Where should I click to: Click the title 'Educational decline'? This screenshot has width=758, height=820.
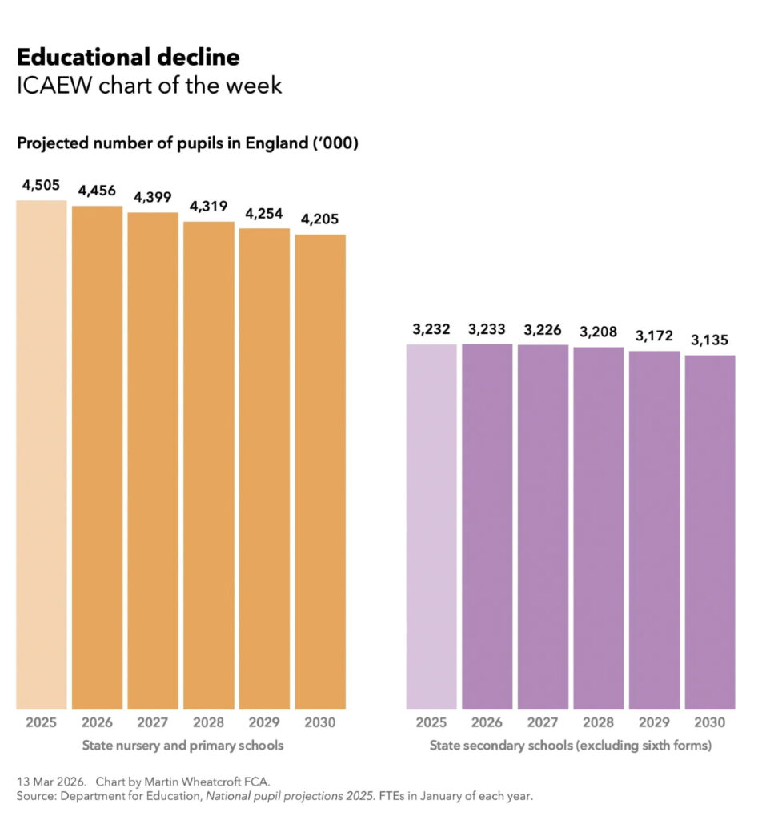tap(128, 58)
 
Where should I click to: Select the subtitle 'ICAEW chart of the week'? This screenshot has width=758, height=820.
tap(149, 86)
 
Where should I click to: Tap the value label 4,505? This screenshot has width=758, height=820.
tap(41, 185)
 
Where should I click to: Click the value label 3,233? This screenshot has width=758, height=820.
tap(487, 328)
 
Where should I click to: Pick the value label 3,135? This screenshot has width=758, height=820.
tap(710, 340)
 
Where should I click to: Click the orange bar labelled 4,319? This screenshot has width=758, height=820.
tap(208, 464)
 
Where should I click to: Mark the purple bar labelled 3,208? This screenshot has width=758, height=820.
tap(598, 528)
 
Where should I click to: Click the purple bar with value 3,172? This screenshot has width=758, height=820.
tap(654, 529)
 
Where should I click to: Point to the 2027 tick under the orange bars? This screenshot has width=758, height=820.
tap(152, 722)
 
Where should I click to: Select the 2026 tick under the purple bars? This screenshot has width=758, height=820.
tap(487, 722)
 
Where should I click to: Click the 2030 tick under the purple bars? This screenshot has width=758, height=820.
tap(710, 722)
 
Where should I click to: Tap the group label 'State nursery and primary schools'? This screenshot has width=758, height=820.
tap(182, 746)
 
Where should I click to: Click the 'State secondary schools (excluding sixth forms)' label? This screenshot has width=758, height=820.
tap(570, 746)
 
